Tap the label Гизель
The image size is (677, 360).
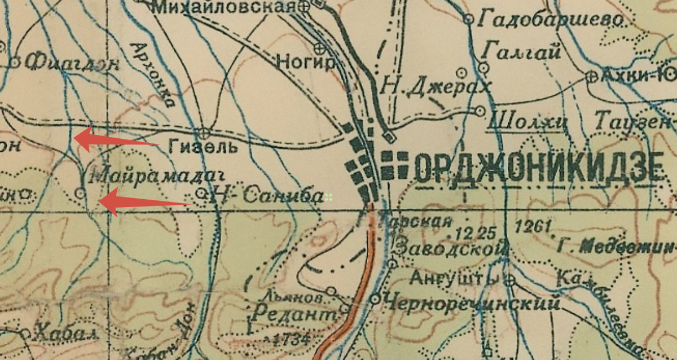tap(200, 148)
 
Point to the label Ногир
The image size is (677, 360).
tap(306, 62)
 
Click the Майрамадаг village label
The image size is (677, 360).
tap(153, 175)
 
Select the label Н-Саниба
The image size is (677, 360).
tap(266, 195)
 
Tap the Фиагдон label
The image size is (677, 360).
tap(73, 62)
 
